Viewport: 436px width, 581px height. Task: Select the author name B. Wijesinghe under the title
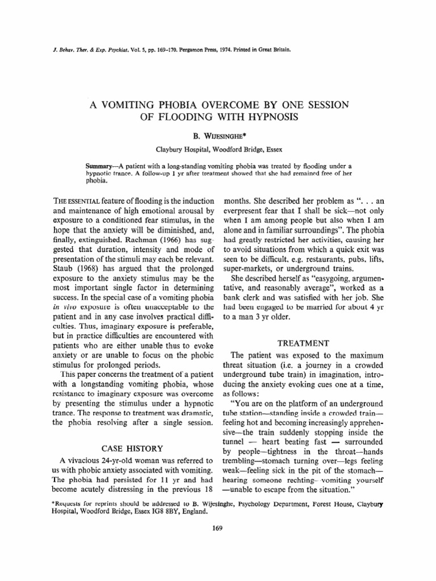click(218, 137)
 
